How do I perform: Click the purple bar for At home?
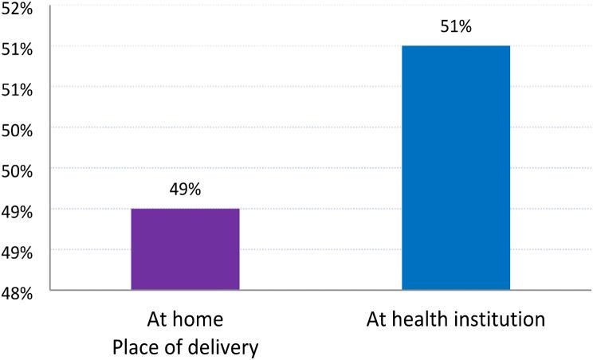click(185, 248)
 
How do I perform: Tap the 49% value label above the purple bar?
click(185, 190)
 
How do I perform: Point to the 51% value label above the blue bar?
click(456, 27)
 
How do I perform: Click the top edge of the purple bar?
click(185, 209)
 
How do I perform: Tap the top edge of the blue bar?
click(456, 46)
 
